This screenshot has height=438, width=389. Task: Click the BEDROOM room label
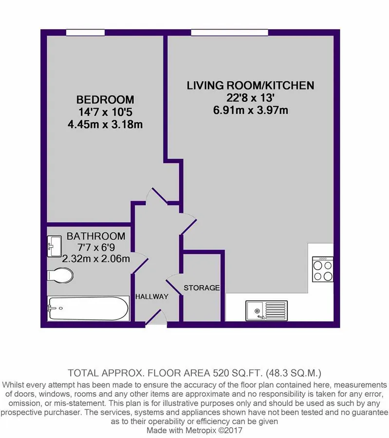(x=105, y=99)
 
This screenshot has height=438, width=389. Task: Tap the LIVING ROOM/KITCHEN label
(x=250, y=85)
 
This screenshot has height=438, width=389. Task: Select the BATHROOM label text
(x=96, y=236)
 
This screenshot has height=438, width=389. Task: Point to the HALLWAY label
(x=152, y=296)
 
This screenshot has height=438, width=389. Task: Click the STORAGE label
(x=202, y=288)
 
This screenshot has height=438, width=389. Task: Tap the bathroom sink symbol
(x=54, y=246)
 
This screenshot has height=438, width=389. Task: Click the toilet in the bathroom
(x=60, y=275)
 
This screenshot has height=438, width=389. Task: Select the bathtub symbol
(x=88, y=308)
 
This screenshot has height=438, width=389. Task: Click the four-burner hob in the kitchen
(x=323, y=269)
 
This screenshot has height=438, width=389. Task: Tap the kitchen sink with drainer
(x=267, y=310)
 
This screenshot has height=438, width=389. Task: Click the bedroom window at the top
(x=86, y=33)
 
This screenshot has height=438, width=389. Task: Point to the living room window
(x=229, y=33)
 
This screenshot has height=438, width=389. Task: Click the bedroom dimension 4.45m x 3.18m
(x=105, y=124)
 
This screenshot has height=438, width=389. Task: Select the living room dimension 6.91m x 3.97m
(x=250, y=110)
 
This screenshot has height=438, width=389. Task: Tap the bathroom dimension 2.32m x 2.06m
(x=96, y=259)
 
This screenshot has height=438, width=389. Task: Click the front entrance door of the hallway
(x=156, y=318)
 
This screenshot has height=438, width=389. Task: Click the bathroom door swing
(x=140, y=262)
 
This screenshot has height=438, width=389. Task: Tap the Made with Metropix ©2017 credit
(x=195, y=430)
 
